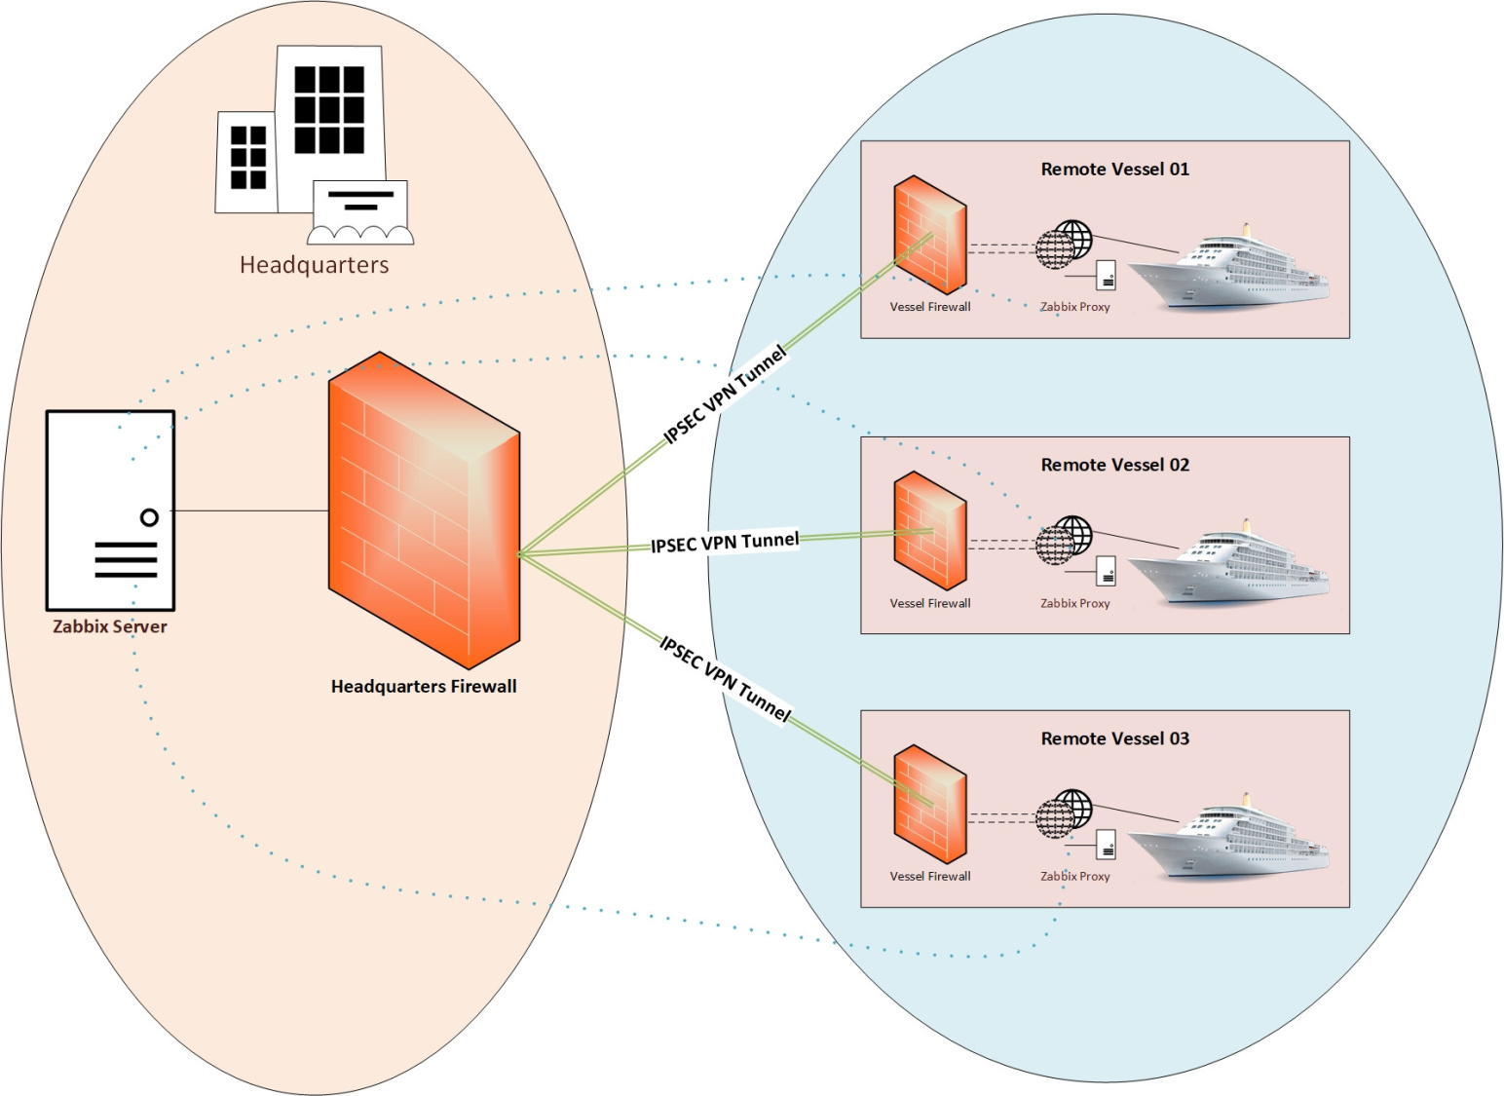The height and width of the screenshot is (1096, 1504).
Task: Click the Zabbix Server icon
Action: pos(110,510)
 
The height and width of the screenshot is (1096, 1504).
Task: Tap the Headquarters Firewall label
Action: pos(424,686)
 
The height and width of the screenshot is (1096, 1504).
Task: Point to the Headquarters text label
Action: pos(314,265)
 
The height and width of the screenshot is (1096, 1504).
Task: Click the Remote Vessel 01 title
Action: pos(1114,170)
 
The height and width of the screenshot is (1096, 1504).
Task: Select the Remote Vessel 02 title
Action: pos(1114,465)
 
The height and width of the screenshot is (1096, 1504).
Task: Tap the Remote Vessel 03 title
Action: pos(1114,738)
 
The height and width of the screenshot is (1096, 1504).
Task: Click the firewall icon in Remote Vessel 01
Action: pos(929,235)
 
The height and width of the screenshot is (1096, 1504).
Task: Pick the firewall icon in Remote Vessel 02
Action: pos(929,531)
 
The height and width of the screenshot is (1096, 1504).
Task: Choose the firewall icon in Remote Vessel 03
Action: pos(929,804)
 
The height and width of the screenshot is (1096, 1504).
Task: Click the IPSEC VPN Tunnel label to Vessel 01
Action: pos(724,395)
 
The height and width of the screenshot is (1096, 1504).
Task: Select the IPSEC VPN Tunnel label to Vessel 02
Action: pos(725,543)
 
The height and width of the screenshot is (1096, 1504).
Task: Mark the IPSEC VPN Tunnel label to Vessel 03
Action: pos(725,678)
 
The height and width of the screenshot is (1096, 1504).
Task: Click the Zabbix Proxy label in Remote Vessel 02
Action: pos(1074,603)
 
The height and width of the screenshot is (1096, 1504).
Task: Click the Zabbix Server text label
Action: pos(110,626)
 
